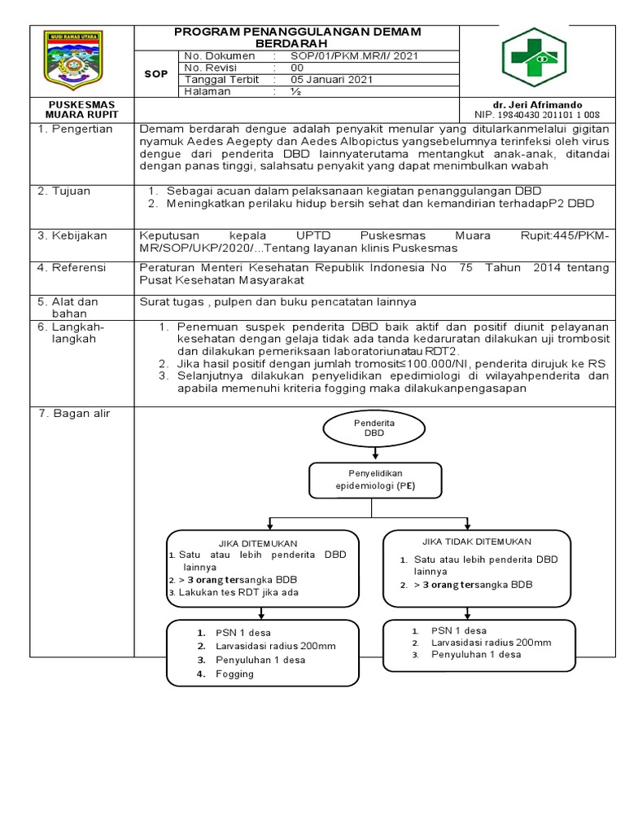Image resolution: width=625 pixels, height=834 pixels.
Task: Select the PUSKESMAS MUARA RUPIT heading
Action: [81, 110]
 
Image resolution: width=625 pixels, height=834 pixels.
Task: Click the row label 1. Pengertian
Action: [75, 129]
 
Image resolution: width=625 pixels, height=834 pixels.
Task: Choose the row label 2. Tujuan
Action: [65, 191]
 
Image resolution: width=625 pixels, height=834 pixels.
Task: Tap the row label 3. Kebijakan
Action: [72, 235]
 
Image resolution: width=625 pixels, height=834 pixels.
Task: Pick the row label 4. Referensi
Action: [73, 266]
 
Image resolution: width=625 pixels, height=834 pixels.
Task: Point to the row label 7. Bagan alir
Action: [74, 414]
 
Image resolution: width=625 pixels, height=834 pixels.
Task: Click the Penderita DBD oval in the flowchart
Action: [373, 428]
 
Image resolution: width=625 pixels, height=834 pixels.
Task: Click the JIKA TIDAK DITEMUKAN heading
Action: [476, 541]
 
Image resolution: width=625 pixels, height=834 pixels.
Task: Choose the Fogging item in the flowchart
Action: [234, 674]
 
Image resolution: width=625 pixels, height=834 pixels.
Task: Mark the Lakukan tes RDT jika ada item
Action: [237, 592]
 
